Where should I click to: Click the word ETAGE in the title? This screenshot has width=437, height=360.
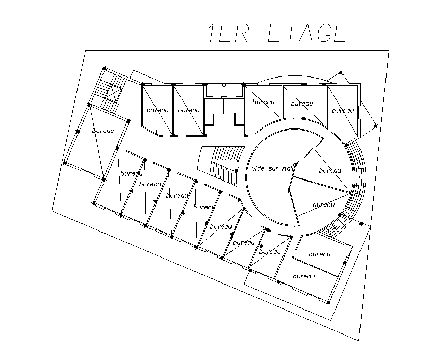[307, 32]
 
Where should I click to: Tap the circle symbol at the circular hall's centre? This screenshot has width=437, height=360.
[288, 191]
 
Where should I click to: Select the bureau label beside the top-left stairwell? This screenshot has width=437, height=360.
[103, 131]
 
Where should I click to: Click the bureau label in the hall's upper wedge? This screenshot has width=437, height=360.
[330, 170]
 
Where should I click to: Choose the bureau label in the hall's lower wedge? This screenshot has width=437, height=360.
[323, 204]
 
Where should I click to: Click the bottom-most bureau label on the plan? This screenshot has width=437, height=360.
[303, 276]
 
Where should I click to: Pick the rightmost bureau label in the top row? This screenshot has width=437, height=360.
[343, 110]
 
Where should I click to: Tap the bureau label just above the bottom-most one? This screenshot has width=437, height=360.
[320, 254]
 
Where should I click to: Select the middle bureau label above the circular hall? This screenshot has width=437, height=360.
[301, 104]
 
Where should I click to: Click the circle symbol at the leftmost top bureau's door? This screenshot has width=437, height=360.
[157, 133]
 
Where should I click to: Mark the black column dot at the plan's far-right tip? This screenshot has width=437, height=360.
[375, 125]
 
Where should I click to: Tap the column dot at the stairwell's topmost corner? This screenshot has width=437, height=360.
[104, 68]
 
